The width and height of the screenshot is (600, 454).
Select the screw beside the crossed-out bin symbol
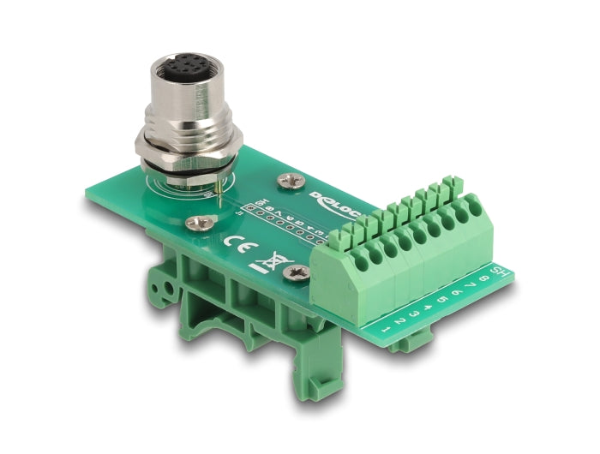click(300, 272)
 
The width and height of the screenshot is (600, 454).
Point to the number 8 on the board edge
click(486, 277)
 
